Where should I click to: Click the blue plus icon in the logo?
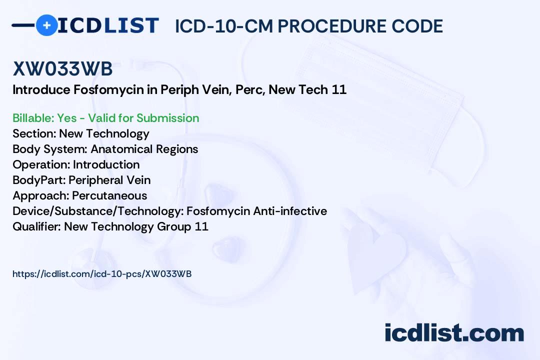tap(46, 25)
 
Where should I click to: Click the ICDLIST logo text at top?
tap(108, 25)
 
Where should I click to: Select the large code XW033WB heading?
tap(62, 69)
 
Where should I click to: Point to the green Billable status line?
tap(105, 118)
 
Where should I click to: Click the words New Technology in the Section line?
tap(104, 133)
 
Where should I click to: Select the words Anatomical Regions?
tap(144, 149)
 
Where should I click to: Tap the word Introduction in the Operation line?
tap(106, 164)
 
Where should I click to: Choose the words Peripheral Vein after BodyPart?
tap(109, 180)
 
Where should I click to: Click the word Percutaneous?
tap(109, 195)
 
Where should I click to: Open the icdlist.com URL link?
tap(102, 273)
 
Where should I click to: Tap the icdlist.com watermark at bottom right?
tap(454, 333)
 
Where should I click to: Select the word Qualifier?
tap(34, 226)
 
